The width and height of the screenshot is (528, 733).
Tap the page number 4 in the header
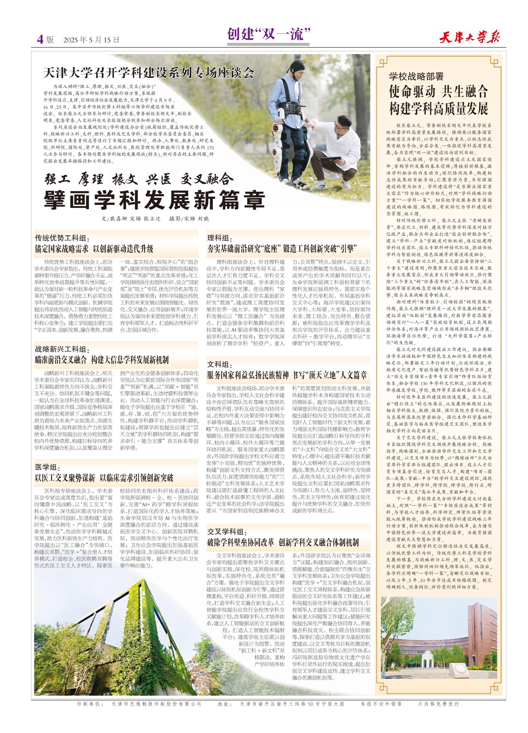40,39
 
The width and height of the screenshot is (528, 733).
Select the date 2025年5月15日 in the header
92,40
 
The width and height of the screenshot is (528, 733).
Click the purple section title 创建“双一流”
268,34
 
